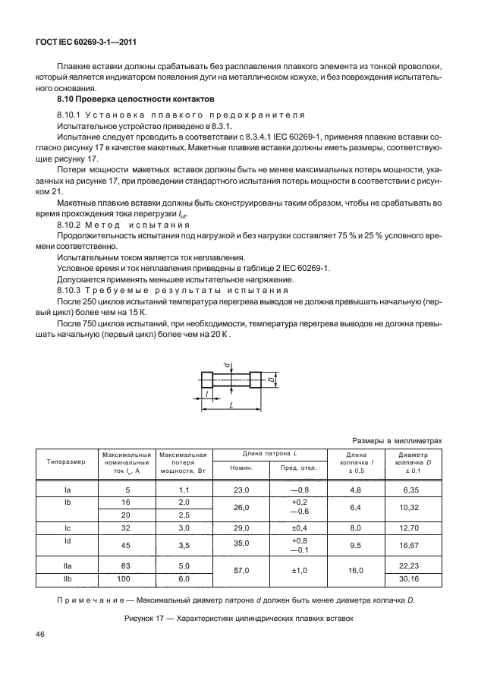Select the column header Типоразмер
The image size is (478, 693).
[66, 461]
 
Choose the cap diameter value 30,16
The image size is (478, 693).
[414, 579]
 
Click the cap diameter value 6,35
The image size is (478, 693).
[414, 491]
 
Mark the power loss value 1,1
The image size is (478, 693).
[183, 491]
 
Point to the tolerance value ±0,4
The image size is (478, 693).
[297, 526]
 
